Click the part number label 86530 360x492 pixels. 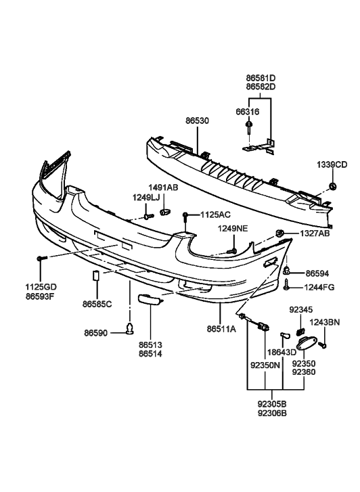[x=197, y=121]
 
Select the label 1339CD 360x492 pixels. [x=332, y=164]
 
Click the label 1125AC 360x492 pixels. [x=214, y=215]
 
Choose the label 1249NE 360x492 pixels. [x=232, y=229]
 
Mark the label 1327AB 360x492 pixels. [x=315, y=233]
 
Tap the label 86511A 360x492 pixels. [x=221, y=329]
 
